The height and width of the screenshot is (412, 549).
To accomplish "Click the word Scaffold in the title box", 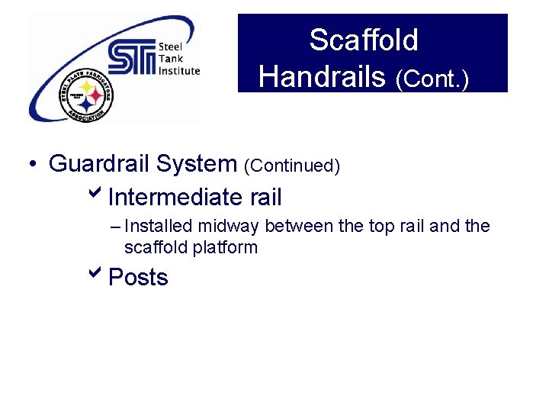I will (364, 40).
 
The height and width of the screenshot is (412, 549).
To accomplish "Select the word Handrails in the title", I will (322, 76).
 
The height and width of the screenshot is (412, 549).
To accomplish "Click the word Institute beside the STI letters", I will (178, 70).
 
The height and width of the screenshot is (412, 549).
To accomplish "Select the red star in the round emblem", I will (96, 97).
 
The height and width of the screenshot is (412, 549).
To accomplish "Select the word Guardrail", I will (100, 163).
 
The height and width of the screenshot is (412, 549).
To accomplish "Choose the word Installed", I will (159, 227).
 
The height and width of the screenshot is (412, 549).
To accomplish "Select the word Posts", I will (138, 277).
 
